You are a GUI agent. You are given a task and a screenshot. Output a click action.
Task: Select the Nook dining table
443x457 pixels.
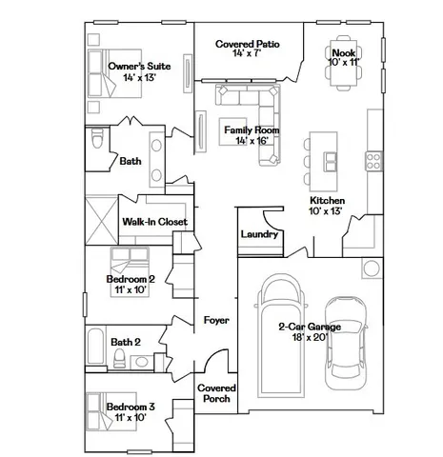click(343, 72)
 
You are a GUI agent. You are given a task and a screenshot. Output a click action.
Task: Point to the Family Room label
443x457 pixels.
click(246, 129)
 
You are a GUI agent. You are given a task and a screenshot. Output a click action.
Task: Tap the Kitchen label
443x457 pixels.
click(327, 201)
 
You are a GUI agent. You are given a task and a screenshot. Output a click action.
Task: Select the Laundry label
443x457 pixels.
click(259, 234)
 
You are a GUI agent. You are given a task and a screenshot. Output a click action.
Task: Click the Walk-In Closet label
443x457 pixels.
click(154, 222)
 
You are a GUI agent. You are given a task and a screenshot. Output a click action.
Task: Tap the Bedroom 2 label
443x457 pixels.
click(131, 280)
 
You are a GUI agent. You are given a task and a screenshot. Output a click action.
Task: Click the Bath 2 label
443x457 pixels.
click(126, 342)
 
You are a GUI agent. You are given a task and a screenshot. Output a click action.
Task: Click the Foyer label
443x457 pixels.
click(217, 321)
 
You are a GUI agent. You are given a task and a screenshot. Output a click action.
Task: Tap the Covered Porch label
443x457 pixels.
click(217, 393)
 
